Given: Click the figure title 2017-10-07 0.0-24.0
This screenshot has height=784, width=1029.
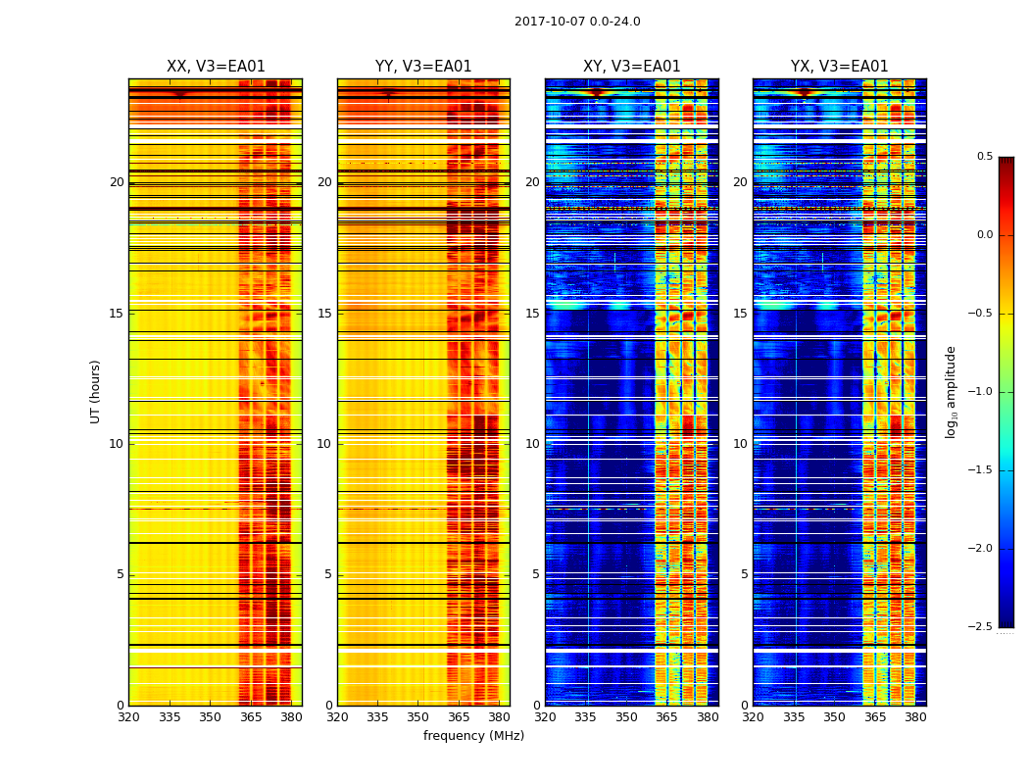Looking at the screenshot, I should (577, 22).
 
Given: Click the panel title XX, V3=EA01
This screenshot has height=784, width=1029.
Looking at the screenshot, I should (216, 67).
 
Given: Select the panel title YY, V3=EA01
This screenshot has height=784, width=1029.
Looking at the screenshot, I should (423, 67).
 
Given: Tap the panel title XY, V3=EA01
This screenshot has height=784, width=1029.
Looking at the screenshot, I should (632, 67).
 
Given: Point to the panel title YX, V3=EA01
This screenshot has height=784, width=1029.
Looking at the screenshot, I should (840, 67).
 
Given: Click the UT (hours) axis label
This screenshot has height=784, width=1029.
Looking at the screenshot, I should (95, 391).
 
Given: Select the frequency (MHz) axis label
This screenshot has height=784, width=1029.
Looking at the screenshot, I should (473, 736).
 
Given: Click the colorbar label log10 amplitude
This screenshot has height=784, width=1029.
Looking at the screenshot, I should (951, 391).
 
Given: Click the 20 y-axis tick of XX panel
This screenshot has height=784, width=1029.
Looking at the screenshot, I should (117, 182).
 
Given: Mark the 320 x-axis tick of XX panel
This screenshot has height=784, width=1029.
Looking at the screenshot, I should (128, 717).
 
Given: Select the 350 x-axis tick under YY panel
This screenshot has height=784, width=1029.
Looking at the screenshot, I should (418, 717).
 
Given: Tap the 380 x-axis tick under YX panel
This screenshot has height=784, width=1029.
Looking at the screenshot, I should (915, 717).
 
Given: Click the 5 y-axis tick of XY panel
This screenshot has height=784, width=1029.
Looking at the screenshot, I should (536, 574).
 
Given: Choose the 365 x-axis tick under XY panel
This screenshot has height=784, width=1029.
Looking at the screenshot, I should (666, 717).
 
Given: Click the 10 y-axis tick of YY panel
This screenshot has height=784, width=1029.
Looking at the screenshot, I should (324, 444).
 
